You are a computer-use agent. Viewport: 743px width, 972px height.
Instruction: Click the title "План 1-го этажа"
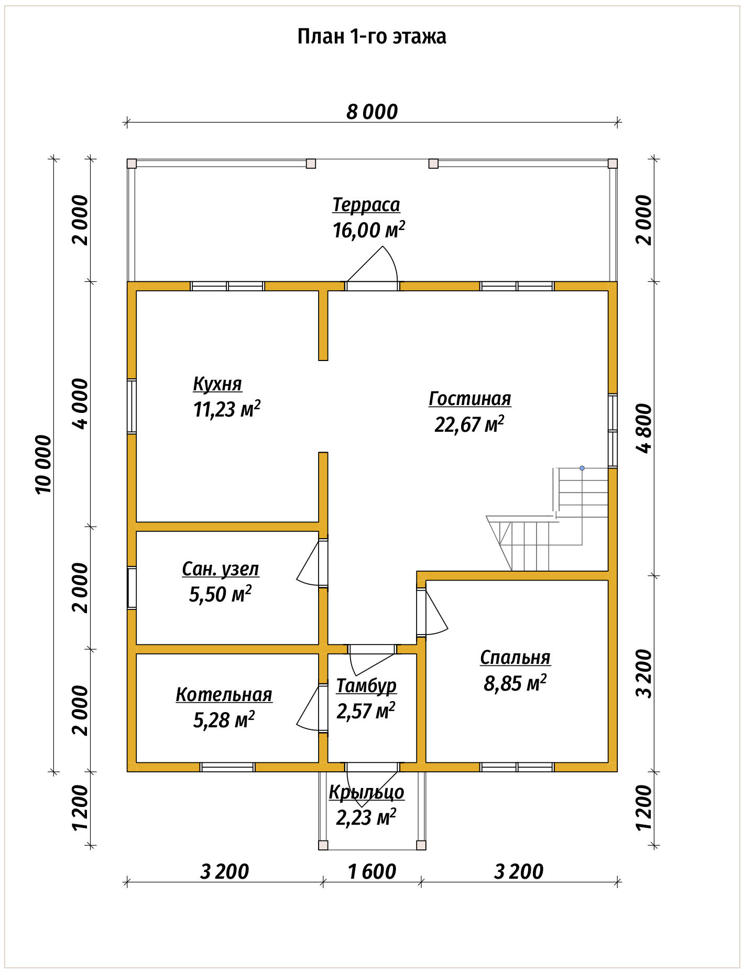coord(371,37)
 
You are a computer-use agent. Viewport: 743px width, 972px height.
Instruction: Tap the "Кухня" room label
coord(217,384)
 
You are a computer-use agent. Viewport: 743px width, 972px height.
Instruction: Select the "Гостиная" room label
coord(469,398)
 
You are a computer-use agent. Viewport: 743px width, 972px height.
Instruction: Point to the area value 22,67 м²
coord(469,423)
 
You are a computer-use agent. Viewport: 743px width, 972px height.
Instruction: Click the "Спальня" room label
coord(515,658)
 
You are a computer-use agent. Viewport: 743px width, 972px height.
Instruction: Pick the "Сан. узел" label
coord(221,569)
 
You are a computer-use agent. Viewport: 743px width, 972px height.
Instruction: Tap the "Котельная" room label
coord(224,695)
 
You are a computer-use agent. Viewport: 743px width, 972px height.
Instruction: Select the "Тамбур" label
coord(366,685)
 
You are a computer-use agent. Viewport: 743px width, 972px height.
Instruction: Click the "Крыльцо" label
coord(366,792)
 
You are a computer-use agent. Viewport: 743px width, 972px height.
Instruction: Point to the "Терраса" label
coord(366,205)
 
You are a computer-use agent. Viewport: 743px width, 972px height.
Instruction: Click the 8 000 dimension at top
coord(372,112)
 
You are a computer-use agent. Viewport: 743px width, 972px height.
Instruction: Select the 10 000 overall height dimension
coord(44,464)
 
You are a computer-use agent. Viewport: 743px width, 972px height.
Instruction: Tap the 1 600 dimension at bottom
coord(371,872)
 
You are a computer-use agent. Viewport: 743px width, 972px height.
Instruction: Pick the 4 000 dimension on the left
coord(81,403)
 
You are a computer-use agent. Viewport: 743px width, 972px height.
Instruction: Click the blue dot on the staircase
coord(582,468)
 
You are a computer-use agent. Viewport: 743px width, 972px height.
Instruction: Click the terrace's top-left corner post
coord(132,163)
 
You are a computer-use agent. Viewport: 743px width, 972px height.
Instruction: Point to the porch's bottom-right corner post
coord(421,845)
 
